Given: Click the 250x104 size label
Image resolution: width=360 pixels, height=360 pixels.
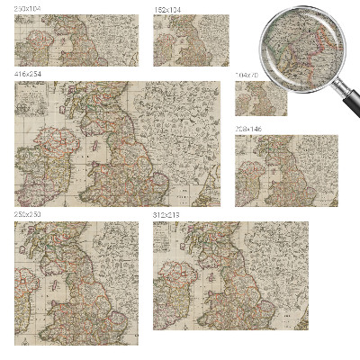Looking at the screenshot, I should [x=28, y=9].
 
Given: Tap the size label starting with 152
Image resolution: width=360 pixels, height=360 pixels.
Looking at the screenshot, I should [x=166, y=9].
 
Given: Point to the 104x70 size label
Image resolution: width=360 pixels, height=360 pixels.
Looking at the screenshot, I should [x=246, y=75].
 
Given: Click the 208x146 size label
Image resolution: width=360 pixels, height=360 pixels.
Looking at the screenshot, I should [x=248, y=130].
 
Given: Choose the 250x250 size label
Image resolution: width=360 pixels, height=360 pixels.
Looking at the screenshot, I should [x=28, y=215].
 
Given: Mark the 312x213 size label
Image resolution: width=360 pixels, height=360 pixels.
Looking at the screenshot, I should [x=166, y=215].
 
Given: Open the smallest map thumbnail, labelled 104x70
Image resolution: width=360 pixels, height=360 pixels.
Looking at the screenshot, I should [x=261, y=97].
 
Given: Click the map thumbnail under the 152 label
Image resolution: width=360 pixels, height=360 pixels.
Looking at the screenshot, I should [x=191, y=40].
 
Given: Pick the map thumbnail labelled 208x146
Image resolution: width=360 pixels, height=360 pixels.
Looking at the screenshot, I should [x=286, y=171].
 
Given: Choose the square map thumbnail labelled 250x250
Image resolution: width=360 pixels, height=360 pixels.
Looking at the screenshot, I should [x=76, y=283].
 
